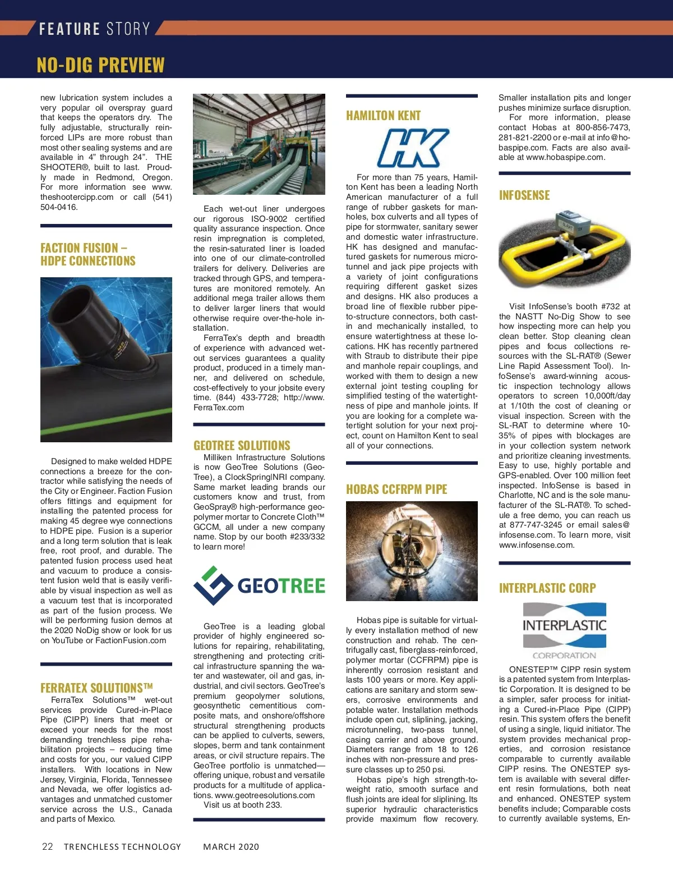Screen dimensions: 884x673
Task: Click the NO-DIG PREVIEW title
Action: click(x=100, y=65)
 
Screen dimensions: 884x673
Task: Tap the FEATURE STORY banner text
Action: click(x=94, y=29)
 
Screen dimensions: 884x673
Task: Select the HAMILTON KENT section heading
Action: click(x=383, y=116)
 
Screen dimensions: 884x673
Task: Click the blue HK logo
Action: click(x=413, y=148)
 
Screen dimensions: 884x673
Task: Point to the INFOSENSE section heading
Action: click(x=524, y=195)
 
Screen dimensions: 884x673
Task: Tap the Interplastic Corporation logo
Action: click(x=564, y=631)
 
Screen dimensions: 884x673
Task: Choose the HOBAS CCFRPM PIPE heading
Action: click(x=397, y=489)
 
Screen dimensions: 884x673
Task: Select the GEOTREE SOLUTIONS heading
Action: click(x=242, y=446)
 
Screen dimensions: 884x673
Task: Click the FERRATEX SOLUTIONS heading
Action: click(x=96, y=688)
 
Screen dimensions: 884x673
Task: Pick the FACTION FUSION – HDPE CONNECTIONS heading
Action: click(x=88, y=254)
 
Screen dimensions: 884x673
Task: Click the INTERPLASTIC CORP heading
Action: click(x=547, y=588)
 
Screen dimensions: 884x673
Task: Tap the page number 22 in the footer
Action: click(x=48, y=846)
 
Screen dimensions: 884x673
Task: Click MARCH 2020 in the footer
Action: click(x=231, y=847)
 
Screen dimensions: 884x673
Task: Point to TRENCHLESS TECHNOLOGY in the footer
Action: click(x=122, y=847)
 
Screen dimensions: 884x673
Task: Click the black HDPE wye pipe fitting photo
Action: click(x=106, y=359)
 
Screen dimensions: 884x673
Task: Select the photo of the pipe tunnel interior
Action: click(x=412, y=551)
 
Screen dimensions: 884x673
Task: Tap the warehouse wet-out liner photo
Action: click(x=259, y=144)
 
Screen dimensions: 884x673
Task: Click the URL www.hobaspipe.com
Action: click(x=565, y=158)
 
